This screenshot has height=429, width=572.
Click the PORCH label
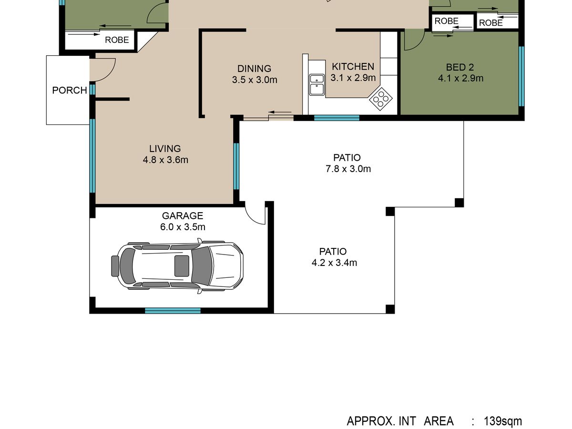coord(69,91)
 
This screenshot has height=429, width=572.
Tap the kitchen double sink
coord(317,85)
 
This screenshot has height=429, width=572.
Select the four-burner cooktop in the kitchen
coord(380,99)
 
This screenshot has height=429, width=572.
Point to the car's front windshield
coord(202,266)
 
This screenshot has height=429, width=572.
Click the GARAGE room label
coord(183,215)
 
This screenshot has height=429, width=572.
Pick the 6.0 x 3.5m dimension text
coord(183,227)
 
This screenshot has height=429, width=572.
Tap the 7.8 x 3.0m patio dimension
coord(348,169)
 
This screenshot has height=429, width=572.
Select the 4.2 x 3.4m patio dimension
coord(334,263)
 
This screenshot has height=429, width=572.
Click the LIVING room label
coord(165,148)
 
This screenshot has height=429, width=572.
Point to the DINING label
coord(255,69)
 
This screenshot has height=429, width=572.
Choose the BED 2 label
coord(460,67)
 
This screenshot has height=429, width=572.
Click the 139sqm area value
coord(503,421)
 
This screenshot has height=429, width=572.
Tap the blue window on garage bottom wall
coord(173,310)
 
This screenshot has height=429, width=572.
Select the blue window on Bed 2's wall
coord(521,76)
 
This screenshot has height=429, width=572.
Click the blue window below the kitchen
coord(337,118)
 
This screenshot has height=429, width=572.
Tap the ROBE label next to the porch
coord(117,40)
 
